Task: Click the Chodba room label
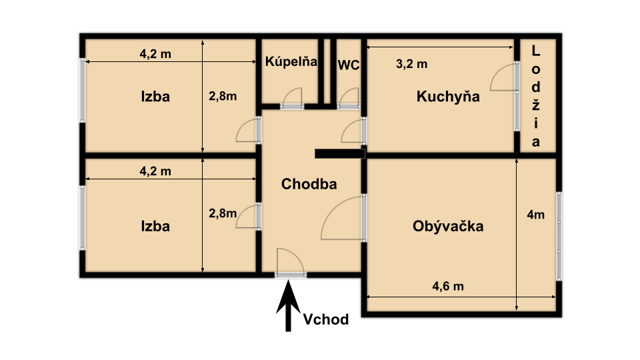[x=309, y=184]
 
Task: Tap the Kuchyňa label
[x=448, y=97]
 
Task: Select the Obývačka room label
[x=448, y=226]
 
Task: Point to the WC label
[x=349, y=65]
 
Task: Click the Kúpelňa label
[x=291, y=62]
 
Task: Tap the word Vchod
[x=326, y=320]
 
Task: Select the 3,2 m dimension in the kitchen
[x=412, y=64]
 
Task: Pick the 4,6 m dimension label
[x=448, y=287]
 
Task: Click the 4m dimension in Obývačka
[x=535, y=215]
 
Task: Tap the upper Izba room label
[x=155, y=96]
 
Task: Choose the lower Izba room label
[x=155, y=226]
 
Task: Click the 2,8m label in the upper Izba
[x=223, y=96]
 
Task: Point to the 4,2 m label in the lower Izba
[x=155, y=171]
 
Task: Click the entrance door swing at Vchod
[x=289, y=261]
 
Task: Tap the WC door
[x=349, y=99]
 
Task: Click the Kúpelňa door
[x=291, y=99]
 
